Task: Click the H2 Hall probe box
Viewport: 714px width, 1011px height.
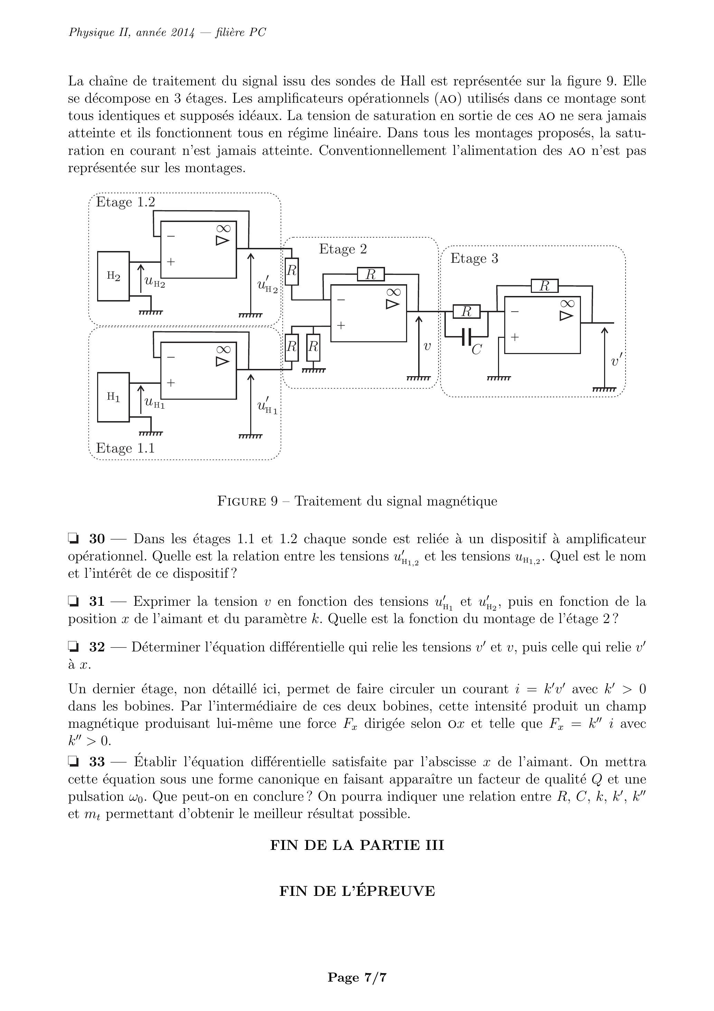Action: [113, 276]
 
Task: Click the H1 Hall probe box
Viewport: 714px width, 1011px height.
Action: [113, 397]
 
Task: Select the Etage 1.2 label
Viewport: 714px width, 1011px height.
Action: [125, 202]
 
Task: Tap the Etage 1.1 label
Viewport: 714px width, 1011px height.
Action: [125, 448]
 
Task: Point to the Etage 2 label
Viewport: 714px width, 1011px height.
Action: [342, 249]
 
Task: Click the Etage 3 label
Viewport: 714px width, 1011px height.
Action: [474, 259]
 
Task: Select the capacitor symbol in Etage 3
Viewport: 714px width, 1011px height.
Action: [467, 337]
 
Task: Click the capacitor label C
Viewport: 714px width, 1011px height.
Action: [476, 350]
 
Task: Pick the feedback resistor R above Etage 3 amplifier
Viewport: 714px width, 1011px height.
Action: [545, 286]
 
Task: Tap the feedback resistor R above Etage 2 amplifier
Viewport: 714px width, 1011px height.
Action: [370, 274]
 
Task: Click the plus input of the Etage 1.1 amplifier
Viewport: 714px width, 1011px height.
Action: [171, 382]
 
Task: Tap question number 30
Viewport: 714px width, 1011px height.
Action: [97, 539]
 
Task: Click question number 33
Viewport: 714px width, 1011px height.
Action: [97, 762]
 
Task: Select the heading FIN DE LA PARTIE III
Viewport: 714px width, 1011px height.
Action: [357, 845]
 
